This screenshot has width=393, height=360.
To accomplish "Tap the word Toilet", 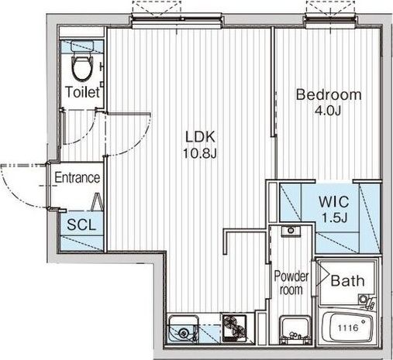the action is (82, 92).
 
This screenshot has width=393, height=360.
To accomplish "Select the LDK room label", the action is (200, 137).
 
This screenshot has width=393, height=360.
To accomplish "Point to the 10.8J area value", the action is (199, 154).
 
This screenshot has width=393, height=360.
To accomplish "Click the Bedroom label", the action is (329, 94).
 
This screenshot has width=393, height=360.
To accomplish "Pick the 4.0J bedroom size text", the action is (328, 111).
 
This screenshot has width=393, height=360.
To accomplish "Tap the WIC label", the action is (334, 202).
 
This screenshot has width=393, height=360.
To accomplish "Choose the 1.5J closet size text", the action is (333, 218).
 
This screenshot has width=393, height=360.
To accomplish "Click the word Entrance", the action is (78, 177).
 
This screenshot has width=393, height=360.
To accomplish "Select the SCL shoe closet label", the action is (81, 225).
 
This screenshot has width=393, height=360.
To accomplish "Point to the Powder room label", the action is (291, 283).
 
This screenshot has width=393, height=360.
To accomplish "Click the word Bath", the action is (347, 280).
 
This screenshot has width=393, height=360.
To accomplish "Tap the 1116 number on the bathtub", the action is (348, 328).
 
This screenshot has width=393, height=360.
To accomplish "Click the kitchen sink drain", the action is (184, 333).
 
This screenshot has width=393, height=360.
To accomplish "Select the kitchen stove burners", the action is (235, 327).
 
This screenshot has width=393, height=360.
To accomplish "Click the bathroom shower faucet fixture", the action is (367, 301).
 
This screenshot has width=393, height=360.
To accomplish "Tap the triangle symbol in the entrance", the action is (98, 202).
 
